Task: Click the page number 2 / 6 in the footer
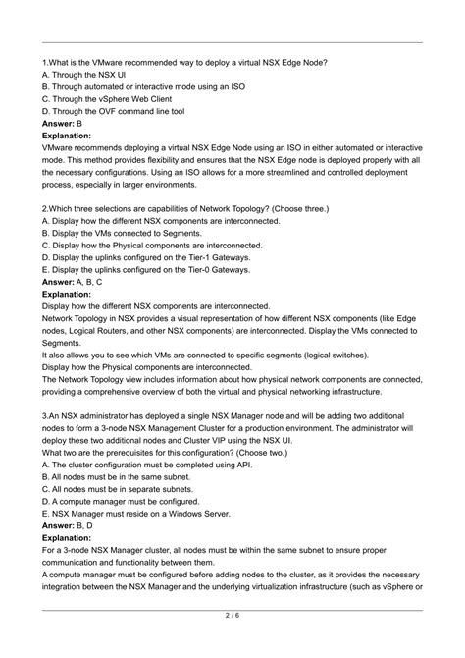point(232,643)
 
